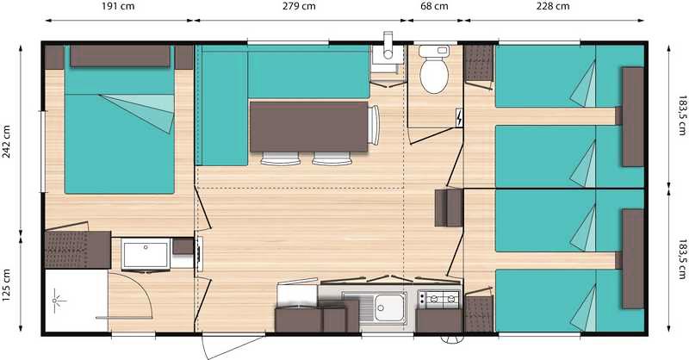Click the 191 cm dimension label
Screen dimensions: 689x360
coord(118,7)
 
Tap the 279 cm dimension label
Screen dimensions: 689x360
coord(299,7)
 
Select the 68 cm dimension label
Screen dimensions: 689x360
coord(435,7)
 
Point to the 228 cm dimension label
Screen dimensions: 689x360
coord(553,7)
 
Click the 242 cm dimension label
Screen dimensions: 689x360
coord(7,141)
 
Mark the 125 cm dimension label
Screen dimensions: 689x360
coord(7,285)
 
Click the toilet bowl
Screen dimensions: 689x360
coord(434,71)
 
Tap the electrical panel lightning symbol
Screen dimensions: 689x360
coord(459,118)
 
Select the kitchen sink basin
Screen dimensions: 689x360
coord(389,307)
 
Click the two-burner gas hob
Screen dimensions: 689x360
coord(438,300)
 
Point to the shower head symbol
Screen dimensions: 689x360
coord(56,301)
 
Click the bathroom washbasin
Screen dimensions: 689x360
coord(146,255)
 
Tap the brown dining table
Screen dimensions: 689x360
coord(308,127)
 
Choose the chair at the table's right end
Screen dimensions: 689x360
coord(374,125)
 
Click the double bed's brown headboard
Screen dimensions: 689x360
coord(120,56)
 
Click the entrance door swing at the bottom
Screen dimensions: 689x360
coord(233,347)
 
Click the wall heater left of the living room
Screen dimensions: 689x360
coord(199,254)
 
